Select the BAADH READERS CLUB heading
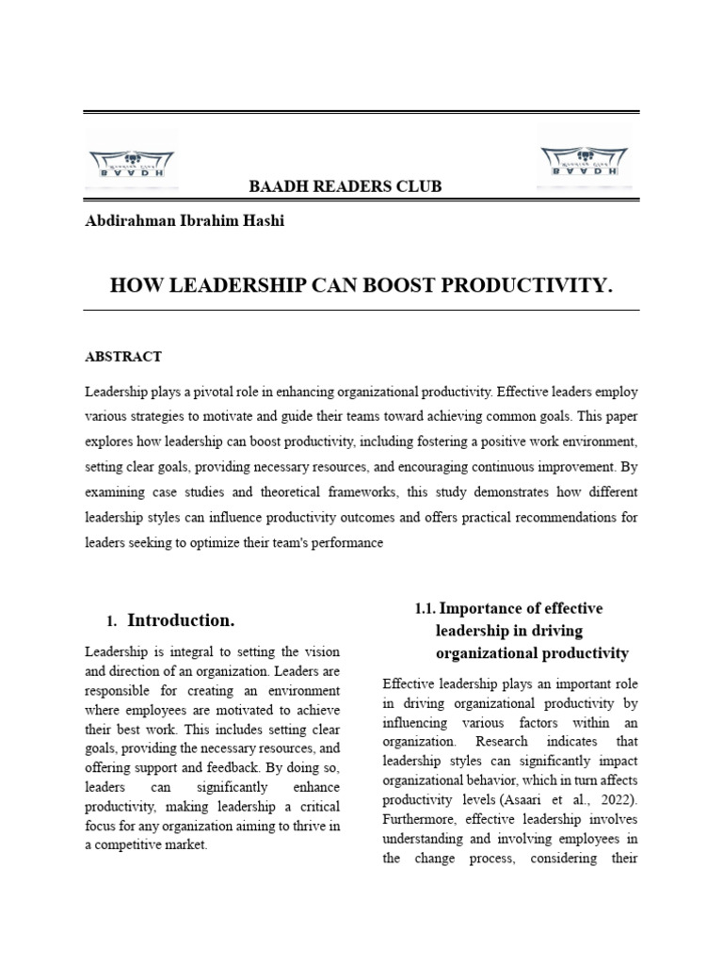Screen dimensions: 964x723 coord(345,186)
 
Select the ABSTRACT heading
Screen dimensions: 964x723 coord(123,357)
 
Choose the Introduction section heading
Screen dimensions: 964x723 coord(181,620)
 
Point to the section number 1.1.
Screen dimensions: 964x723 coord(426,609)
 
